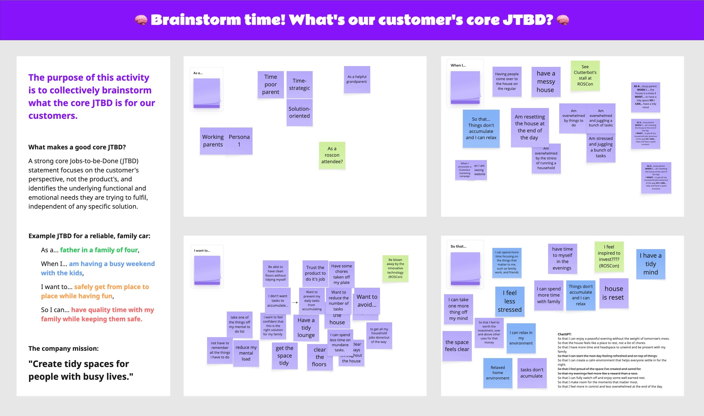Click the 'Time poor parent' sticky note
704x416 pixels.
[270, 84]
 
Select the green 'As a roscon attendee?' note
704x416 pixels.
[332, 155]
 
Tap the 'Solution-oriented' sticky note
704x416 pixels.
[299, 112]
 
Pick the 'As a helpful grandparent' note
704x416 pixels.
[356, 79]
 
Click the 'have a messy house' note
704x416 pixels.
[546, 81]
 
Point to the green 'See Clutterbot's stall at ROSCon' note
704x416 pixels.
[585, 76]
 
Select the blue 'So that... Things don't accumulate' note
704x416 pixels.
[481, 128]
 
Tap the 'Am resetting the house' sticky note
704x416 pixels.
[529, 127]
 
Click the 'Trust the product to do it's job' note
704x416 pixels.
[315, 273]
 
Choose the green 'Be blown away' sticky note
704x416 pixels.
[395, 268]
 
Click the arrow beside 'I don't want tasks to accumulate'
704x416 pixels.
[294, 303]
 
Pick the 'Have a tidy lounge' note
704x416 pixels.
[306, 327]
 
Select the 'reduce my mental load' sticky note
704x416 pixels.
[246, 353]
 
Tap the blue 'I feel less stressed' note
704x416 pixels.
[509, 301]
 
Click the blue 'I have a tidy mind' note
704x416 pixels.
[650, 264]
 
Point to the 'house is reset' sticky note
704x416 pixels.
[613, 293]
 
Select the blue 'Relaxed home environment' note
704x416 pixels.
[497, 372]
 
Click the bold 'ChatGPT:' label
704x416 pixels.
[564, 334]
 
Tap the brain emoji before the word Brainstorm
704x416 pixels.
[141, 20]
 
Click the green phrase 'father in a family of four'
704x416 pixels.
[99, 250]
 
